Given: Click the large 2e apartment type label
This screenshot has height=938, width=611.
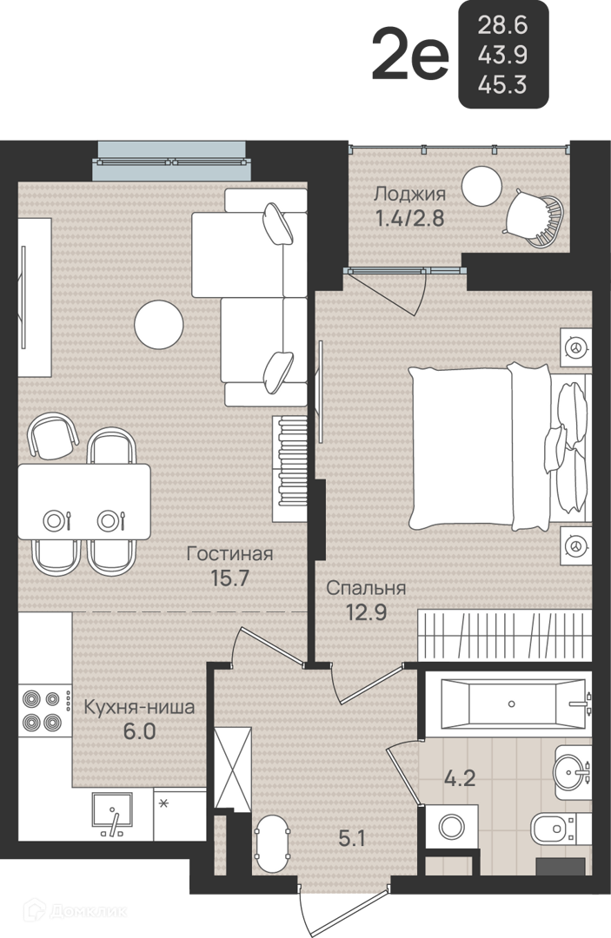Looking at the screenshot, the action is tap(410, 56).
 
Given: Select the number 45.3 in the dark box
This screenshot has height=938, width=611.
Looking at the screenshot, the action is tap(502, 85).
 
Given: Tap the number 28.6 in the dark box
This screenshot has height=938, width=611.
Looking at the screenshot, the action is tap(502, 25).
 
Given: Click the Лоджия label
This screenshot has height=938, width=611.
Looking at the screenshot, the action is tap(410, 195).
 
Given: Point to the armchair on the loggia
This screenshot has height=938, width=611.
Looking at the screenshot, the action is tap(535, 218).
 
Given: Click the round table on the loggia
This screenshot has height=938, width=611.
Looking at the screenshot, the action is tap(481, 186).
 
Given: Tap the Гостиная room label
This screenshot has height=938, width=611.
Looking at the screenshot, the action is tap(229, 553).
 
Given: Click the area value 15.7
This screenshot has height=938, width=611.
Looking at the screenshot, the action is tap(229, 578).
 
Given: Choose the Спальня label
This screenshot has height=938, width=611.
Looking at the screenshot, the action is tap(366, 588).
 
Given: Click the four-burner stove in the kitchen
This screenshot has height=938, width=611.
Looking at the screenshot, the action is tap(42, 710).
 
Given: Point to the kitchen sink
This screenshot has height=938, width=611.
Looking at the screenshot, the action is tap(112, 814).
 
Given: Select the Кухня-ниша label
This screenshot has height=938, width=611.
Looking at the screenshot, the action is tap(139, 708).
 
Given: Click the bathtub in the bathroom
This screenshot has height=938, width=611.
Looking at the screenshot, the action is tap(513, 703).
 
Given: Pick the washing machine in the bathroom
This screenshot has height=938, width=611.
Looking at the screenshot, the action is tap(452, 827).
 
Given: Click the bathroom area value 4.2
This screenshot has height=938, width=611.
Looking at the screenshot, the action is tap(460, 778).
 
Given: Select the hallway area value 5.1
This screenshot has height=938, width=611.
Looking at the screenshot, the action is tap(352, 839).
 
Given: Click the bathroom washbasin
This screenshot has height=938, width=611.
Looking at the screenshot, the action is tap(574, 772).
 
